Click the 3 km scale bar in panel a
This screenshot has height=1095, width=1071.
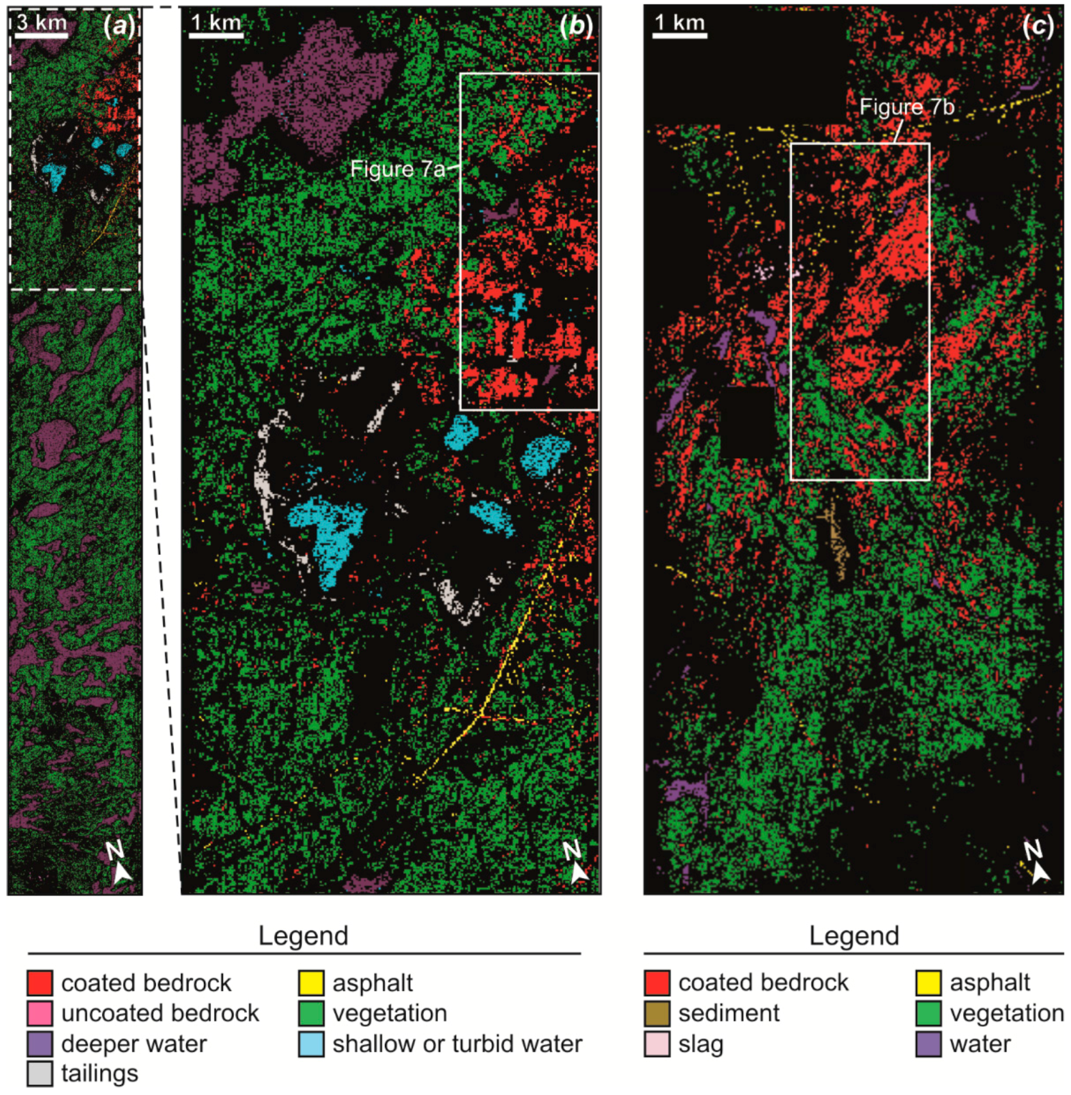[41, 35]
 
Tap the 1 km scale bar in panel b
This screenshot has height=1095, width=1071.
[216, 35]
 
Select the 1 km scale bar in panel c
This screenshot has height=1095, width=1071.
[679, 35]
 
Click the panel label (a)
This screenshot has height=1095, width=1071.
[119, 26]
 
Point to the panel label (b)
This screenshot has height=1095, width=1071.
[576, 26]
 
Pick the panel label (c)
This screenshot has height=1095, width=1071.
[1038, 26]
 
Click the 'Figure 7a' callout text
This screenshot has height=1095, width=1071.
[398, 169]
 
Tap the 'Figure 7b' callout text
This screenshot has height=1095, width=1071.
[906, 107]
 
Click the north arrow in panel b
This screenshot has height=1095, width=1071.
[576, 863]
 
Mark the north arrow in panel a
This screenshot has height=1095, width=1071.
[119, 863]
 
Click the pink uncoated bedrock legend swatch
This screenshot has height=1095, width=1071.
[40, 1014]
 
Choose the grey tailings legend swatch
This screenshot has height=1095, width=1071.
[40, 1073]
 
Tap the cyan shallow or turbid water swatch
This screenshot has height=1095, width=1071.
[311, 1044]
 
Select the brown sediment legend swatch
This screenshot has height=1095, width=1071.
[657, 1014]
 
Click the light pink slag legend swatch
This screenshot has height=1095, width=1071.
[657, 1044]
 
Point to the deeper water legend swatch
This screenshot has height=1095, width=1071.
[40, 1044]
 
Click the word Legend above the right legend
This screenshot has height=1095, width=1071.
[854, 936]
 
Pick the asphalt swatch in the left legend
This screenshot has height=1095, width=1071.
[311, 983]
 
